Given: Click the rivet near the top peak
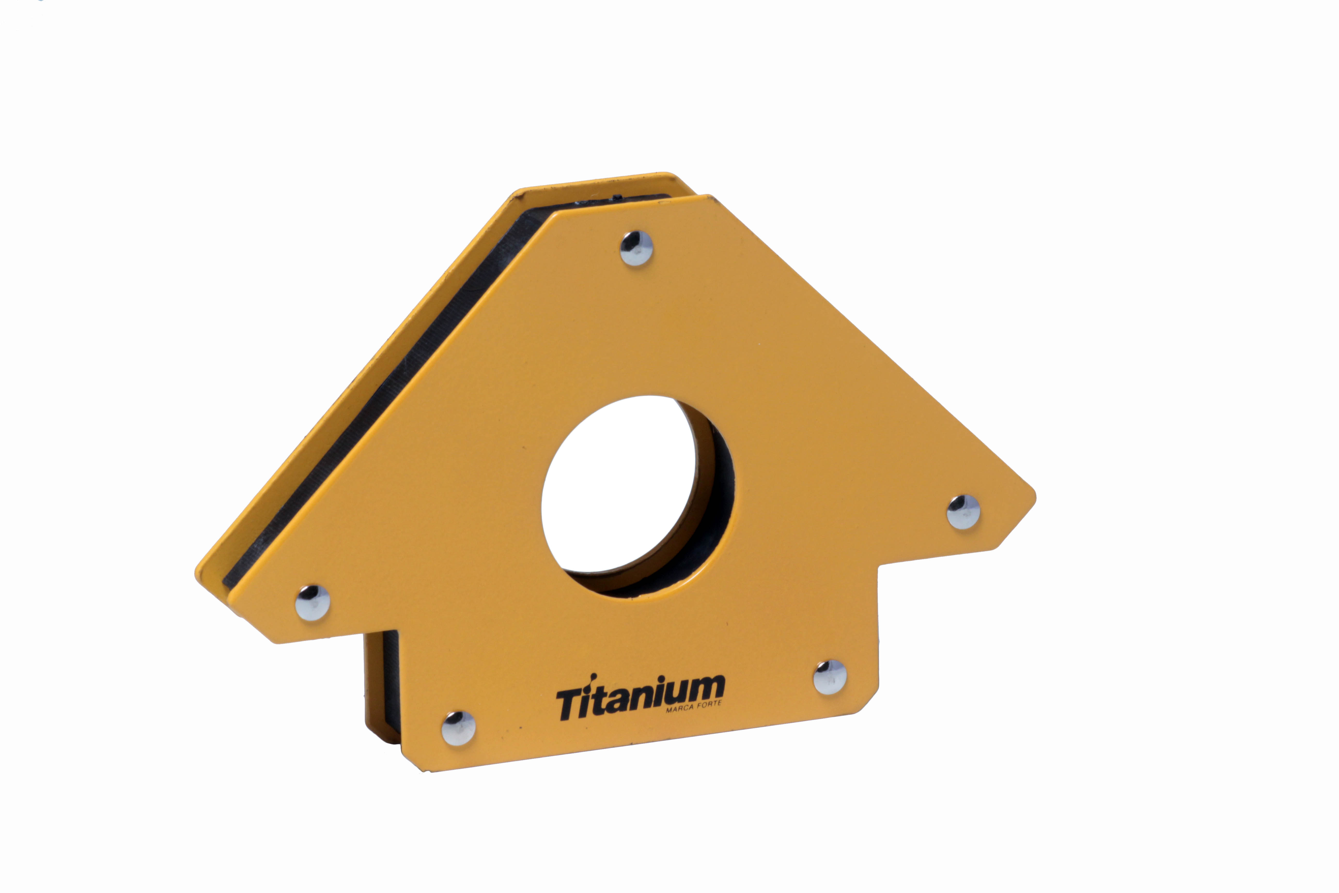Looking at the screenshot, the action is (636, 248).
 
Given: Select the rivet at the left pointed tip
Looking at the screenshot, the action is (313, 602).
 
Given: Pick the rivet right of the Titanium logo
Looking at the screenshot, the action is (829, 677).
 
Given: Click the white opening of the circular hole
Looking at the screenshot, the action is (618, 484).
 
